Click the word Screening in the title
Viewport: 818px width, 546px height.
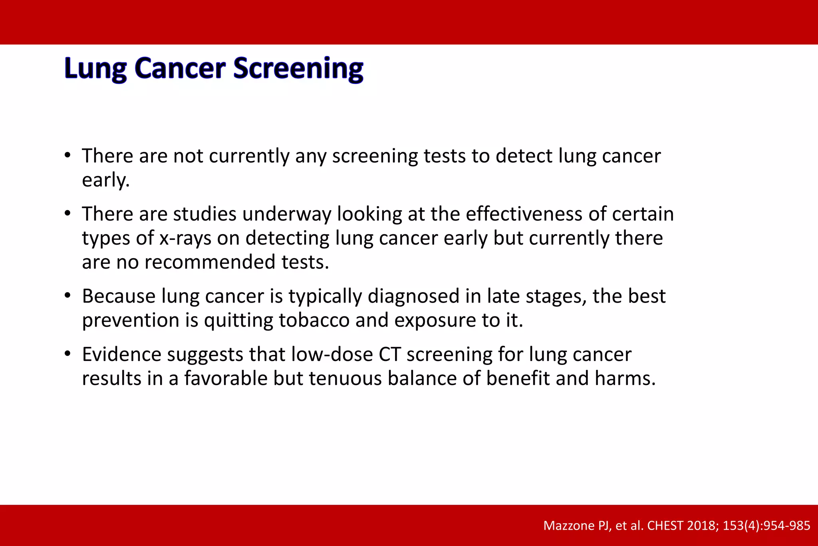click(x=298, y=69)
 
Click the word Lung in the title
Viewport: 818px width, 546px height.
click(x=95, y=69)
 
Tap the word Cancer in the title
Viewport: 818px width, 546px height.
click(x=180, y=69)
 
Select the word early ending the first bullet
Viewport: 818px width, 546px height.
click(x=105, y=180)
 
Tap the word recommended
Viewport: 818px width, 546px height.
click(x=210, y=263)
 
